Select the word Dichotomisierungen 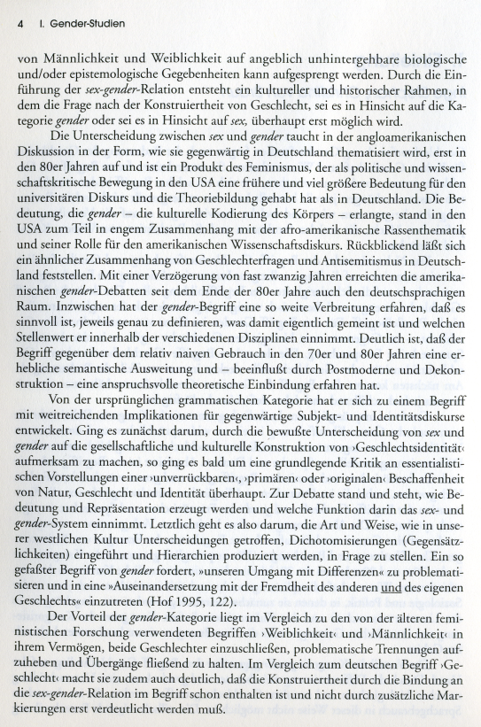[337, 546]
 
